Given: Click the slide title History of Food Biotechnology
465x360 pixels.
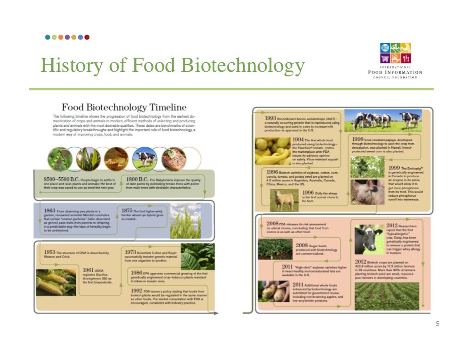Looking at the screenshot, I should coord(172,65).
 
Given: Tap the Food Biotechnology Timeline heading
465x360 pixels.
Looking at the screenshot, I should coord(124,108).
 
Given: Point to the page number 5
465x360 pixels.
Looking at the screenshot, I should coord(437,324).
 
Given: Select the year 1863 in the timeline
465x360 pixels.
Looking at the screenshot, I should coord(50,210).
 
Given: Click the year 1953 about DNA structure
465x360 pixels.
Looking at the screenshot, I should coord(50,252).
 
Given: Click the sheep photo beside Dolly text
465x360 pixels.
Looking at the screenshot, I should coord(285,200).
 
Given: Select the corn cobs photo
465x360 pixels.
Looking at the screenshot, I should coord(55,282).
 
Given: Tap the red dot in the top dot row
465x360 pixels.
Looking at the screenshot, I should coord(87,37).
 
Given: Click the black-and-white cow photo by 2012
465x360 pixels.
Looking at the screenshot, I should coord(369,239).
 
